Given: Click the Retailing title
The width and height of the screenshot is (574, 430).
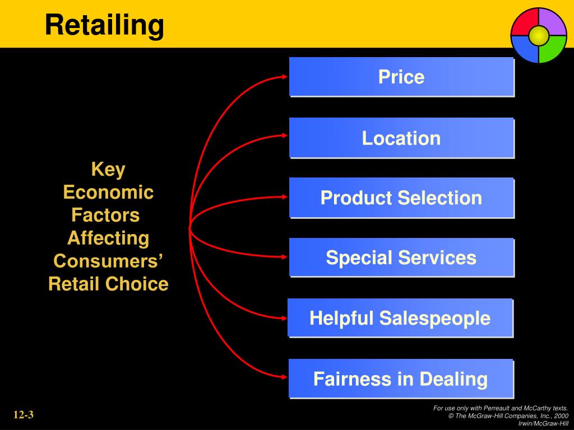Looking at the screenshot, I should pyautogui.click(x=104, y=25).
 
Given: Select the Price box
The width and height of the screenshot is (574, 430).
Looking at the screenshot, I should pyautogui.click(x=401, y=77).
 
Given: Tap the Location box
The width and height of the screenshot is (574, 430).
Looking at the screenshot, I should pyautogui.click(x=401, y=138).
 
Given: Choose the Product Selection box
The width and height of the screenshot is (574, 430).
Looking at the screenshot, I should pyautogui.click(x=401, y=198).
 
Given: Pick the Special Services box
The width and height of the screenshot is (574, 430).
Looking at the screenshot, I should pyautogui.click(x=401, y=258).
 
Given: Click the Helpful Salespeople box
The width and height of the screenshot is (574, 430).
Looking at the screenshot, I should pyautogui.click(x=400, y=318).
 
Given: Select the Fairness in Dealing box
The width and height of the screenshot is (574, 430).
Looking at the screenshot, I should pyautogui.click(x=401, y=378).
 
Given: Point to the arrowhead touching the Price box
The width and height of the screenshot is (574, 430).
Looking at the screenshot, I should pyautogui.click(x=284, y=77).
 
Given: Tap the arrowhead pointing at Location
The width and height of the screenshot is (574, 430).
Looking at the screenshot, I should pyautogui.click(x=284, y=135).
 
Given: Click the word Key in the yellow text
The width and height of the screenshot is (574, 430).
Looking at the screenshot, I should pyautogui.click(x=108, y=169).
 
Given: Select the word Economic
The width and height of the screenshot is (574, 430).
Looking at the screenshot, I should pyautogui.click(x=108, y=192).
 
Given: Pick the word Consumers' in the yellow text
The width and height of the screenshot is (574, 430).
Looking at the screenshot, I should pyautogui.click(x=108, y=261).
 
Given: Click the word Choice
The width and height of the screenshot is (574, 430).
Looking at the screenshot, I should pyautogui.click(x=137, y=284).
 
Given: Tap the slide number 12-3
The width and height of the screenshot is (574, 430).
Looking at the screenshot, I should pyautogui.click(x=24, y=415).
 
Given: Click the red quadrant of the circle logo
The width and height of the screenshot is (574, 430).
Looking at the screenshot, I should pyautogui.click(x=524, y=22).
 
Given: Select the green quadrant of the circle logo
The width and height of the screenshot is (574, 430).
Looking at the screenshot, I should pyautogui.click(x=552, y=50).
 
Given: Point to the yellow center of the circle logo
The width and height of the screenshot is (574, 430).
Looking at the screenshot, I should pyautogui.click(x=538, y=36).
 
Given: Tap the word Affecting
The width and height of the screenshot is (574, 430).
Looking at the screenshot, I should pyautogui.click(x=108, y=238).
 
